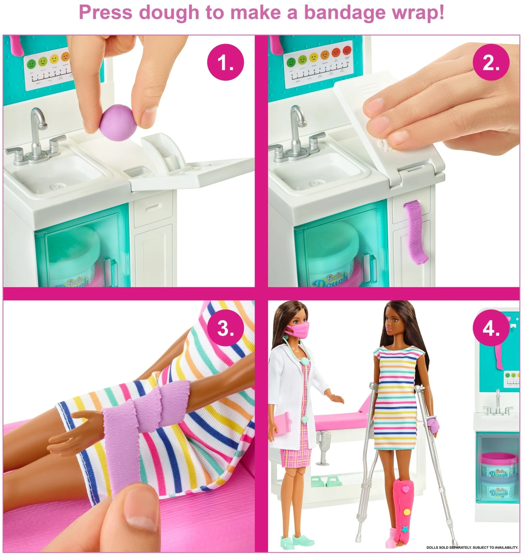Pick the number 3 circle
pos(225,328)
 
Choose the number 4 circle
pos(491,328)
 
